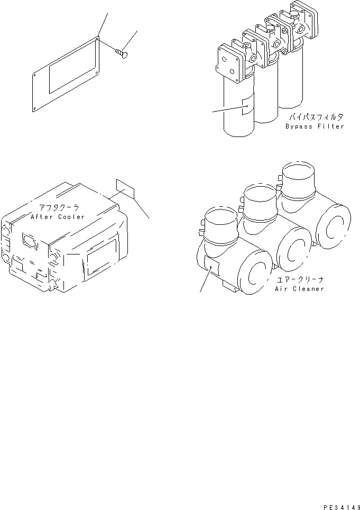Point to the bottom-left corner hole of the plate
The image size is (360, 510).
34,109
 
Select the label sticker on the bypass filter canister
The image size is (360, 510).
247,106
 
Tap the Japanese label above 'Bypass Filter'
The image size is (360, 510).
315,117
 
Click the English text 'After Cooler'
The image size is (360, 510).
57,217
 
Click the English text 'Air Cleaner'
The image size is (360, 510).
299,289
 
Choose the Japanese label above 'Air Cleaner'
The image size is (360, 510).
299,280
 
